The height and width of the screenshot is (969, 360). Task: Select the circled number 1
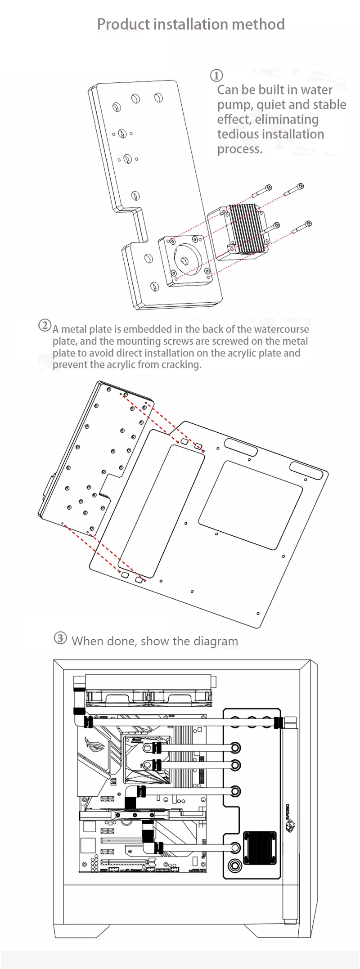[x=216, y=75]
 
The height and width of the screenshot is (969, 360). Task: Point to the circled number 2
[x=45, y=325]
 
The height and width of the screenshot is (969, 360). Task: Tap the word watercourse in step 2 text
[x=281, y=329]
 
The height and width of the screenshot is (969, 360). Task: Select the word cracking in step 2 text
[x=181, y=364]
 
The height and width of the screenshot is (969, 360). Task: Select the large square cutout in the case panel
[x=250, y=505]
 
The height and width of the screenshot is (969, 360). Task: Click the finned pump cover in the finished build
[x=260, y=848]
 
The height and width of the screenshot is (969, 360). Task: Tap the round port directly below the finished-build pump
[x=234, y=866]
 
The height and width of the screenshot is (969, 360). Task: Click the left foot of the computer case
[x=81, y=931]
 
